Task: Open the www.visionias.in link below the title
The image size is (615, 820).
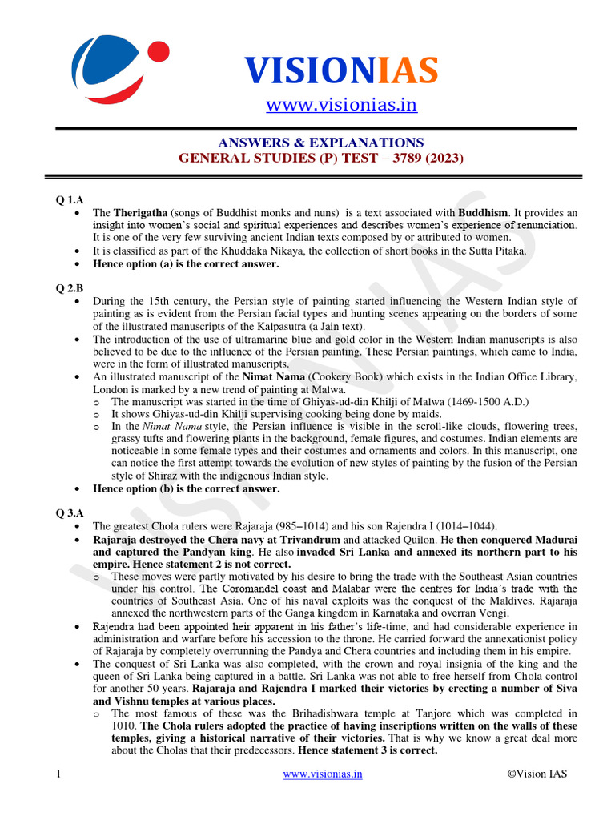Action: (341, 105)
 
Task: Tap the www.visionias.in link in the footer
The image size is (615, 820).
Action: (323, 774)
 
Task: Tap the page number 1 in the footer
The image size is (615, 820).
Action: (58, 774)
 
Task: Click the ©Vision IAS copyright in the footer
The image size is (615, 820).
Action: (536, 774)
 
